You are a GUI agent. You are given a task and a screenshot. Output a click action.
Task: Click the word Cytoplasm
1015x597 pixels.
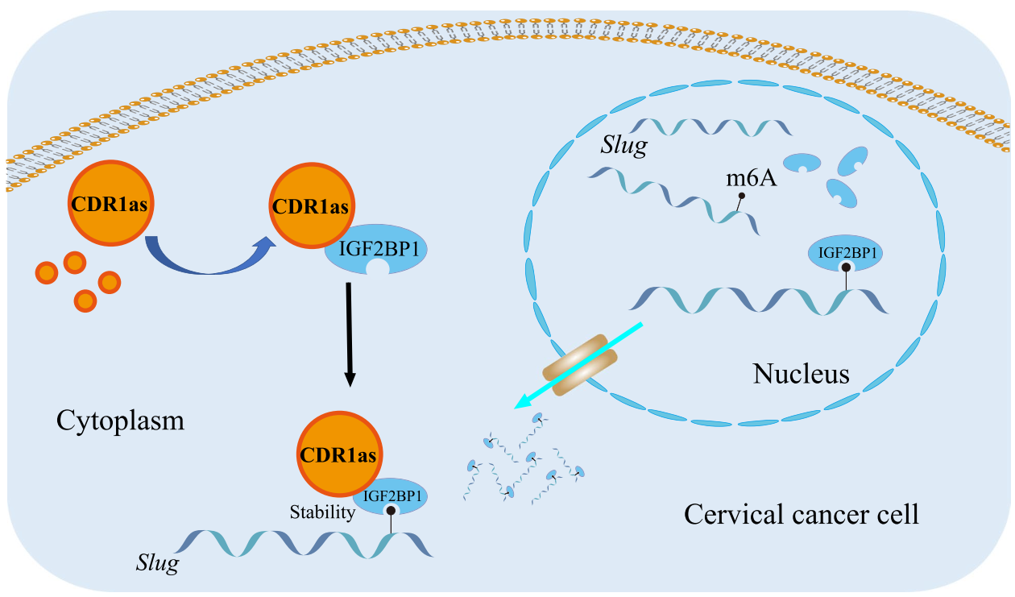coord(120,421)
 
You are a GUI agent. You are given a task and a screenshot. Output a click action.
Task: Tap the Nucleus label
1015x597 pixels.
coord(801,374)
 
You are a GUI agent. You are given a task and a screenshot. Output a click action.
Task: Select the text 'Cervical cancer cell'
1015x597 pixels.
coord(801,514)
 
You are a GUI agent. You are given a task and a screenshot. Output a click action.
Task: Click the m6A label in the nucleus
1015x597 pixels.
coord(752,178)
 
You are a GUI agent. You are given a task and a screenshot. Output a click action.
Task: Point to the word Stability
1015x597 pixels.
coord(322,512)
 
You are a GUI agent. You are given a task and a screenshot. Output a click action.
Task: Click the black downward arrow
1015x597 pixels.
coord(349,334)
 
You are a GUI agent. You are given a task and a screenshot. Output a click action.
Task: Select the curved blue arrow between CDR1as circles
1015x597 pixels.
coord(209,262)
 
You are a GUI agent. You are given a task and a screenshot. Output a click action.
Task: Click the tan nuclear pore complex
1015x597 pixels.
coord(580,365)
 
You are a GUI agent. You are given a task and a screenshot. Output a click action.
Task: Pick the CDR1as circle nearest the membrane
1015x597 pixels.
coord(110,203)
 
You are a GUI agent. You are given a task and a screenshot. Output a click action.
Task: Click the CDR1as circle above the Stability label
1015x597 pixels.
coord(339,454)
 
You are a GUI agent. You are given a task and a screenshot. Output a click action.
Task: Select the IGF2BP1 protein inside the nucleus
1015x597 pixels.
coord(846,253)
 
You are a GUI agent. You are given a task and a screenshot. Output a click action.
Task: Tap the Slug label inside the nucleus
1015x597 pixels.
coord(624,146)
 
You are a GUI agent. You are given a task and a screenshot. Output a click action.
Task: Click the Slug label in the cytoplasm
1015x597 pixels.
coord(157,563)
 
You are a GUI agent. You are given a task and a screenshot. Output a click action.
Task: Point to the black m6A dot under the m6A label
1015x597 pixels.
coord(742,196)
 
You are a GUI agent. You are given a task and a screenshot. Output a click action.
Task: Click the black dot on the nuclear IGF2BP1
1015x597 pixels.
coord(846,267)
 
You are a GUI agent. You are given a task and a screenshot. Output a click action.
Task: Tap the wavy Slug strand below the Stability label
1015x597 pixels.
coord(304,544)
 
